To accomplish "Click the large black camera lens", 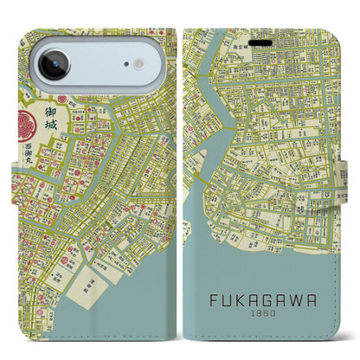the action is click(x=53, y=64).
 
